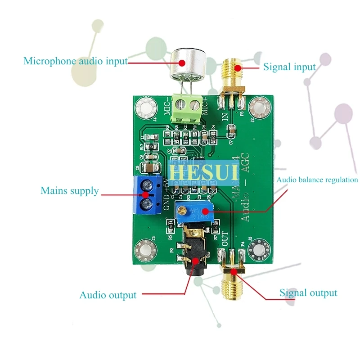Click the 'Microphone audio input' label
(76, 61)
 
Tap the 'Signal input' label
(289, 67)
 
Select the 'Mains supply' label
(70, 191)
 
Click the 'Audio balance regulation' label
(317, 180)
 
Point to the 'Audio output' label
(108, 295)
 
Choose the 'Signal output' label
(308, 293)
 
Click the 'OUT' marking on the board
(225, 238)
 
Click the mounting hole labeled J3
(146, 249)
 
